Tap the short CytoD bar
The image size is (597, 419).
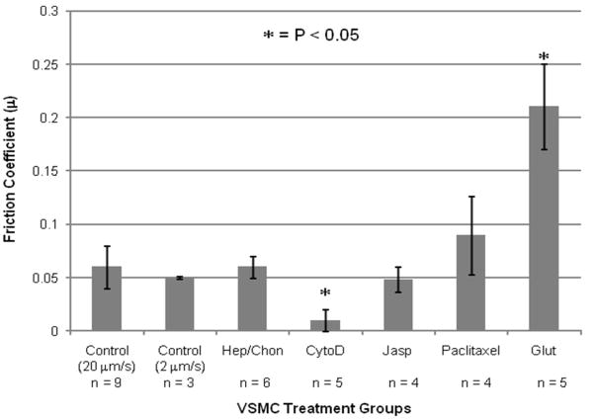pyautogui.click(x=325, y=325)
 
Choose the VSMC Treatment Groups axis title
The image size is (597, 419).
pyautogui.click(x=323, y=406)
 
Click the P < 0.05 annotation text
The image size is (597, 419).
pyautogui.click(x=321, y=36)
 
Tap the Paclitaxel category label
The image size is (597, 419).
pyautogui.click(x=470, y=349)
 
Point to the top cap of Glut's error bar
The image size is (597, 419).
pyautogui.click(x=545, y=65)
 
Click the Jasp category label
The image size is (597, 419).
pyautogui.click(x=397, y=349)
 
